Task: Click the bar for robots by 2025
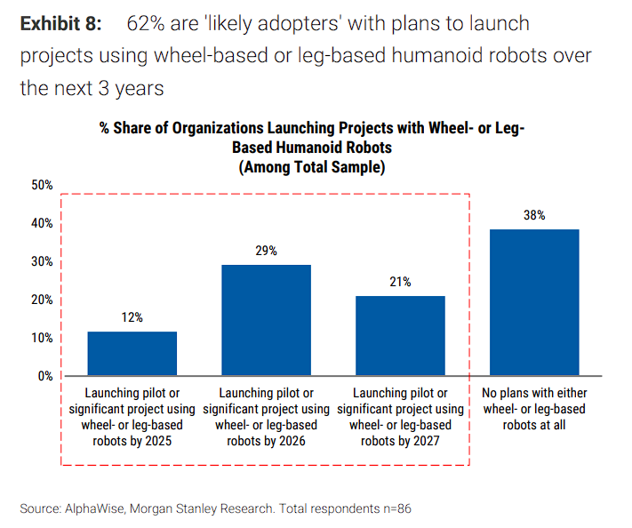132,354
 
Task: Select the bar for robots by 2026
267,320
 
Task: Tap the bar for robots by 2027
400,336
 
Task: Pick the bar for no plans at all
534,302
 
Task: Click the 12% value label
132,317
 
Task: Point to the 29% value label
266,252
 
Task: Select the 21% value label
400,283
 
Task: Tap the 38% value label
534,216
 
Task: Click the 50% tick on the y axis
43,186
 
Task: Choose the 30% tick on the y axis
43,262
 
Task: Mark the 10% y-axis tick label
43,338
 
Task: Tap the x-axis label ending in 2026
267,417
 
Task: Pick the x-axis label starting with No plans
534,409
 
